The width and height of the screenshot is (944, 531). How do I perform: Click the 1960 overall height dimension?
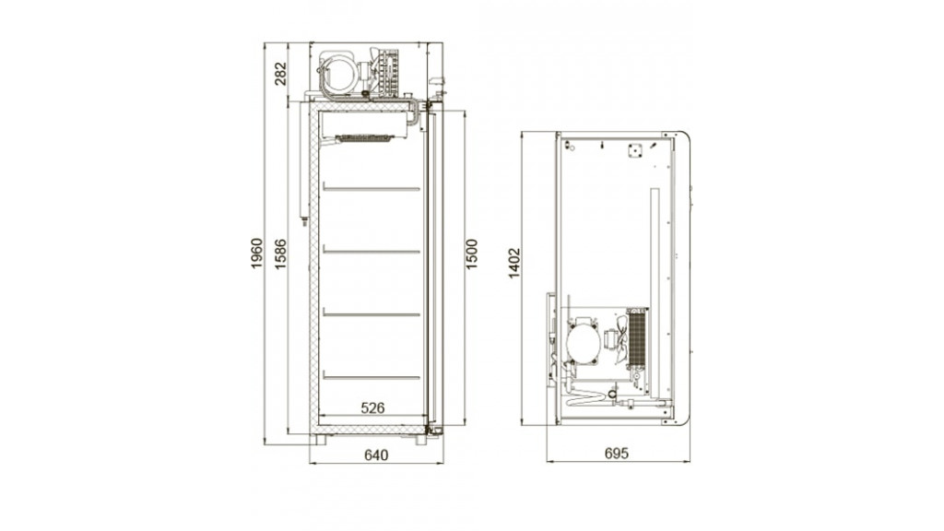(x=257, y=254)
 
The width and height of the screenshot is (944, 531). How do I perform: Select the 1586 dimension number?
(x=280, y=254)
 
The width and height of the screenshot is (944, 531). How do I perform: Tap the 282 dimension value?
(x=281, y=74)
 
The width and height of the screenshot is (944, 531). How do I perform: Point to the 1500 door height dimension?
(x=471, y=254)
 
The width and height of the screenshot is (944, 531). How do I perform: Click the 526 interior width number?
(x=372, y=407)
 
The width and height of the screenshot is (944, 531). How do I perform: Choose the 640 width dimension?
(x=376, y=454)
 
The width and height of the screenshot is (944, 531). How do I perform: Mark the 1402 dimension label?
(x=513, y=263)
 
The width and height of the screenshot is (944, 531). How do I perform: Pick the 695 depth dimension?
(x=617, y=453)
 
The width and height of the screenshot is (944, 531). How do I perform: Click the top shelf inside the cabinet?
(x=372, y=188)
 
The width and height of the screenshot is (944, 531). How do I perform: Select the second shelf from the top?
(x=372, y=251)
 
